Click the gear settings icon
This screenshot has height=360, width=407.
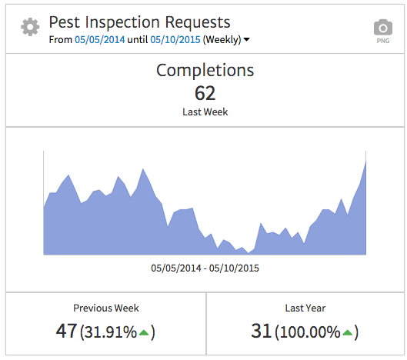30,28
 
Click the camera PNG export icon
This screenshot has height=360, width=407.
382,27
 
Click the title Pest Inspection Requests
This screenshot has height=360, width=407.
139,22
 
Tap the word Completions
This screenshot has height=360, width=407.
205,71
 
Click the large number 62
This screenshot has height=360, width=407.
205,93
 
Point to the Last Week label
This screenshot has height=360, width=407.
205,112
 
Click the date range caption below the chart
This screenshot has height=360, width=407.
205,268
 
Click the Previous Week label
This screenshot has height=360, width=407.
106,308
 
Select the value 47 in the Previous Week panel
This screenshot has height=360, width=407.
66,332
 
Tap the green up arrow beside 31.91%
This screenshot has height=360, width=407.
144,332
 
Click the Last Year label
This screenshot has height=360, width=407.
305,308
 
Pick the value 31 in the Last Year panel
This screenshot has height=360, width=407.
262,332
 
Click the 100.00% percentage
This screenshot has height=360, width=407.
309,332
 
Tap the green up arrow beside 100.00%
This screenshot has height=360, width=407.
348,332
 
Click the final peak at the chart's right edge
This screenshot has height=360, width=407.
365,163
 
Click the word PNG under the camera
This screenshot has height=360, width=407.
382,42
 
